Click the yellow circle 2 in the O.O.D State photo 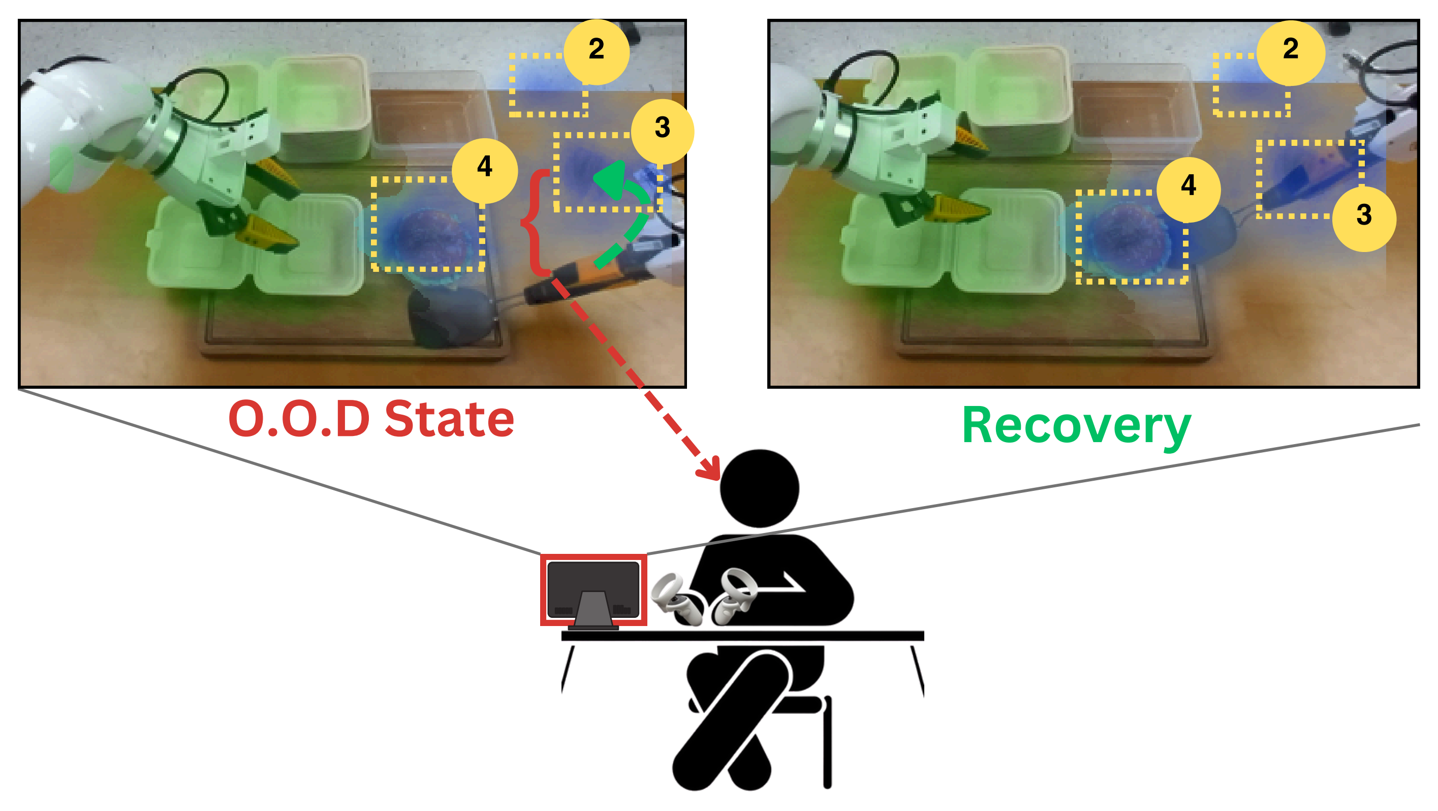click(x=596, y=51)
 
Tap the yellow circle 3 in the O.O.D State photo click(x=662, y=131)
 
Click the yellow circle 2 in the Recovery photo click(x=1290, y=52)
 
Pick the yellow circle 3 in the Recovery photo click(x=1364, y=218)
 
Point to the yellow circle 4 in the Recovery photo click(x=1189, y=189)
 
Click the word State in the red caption click(x=449, y=420)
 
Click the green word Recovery click(x=1077, y=427)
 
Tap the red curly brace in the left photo click(x=533, y=223)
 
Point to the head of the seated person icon click(x=759, y=488)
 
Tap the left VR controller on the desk click(x=675, y=600)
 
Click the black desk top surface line click(x=742, y=636)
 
